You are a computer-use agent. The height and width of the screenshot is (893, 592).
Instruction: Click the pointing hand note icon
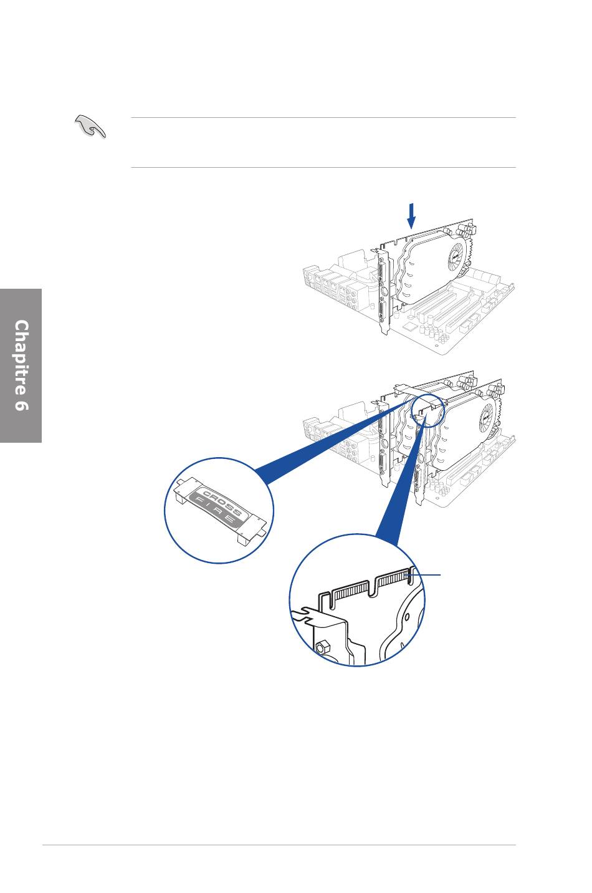[90, 126]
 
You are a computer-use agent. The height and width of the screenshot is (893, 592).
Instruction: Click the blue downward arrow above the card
[411, 216]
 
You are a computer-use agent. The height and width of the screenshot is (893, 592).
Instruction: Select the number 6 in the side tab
[21, 405]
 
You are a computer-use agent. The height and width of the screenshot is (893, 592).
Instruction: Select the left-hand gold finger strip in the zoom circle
[350, 594]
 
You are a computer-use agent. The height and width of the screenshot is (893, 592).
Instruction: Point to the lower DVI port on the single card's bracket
[384, 313]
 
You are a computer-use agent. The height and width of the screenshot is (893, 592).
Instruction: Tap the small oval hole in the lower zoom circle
[407, 617]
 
